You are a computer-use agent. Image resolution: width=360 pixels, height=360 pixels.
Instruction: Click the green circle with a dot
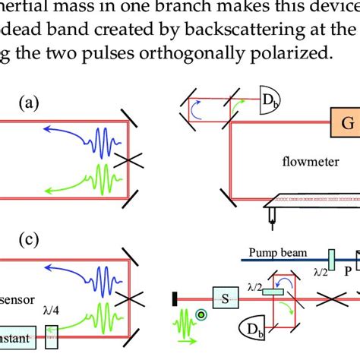point(202,315)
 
